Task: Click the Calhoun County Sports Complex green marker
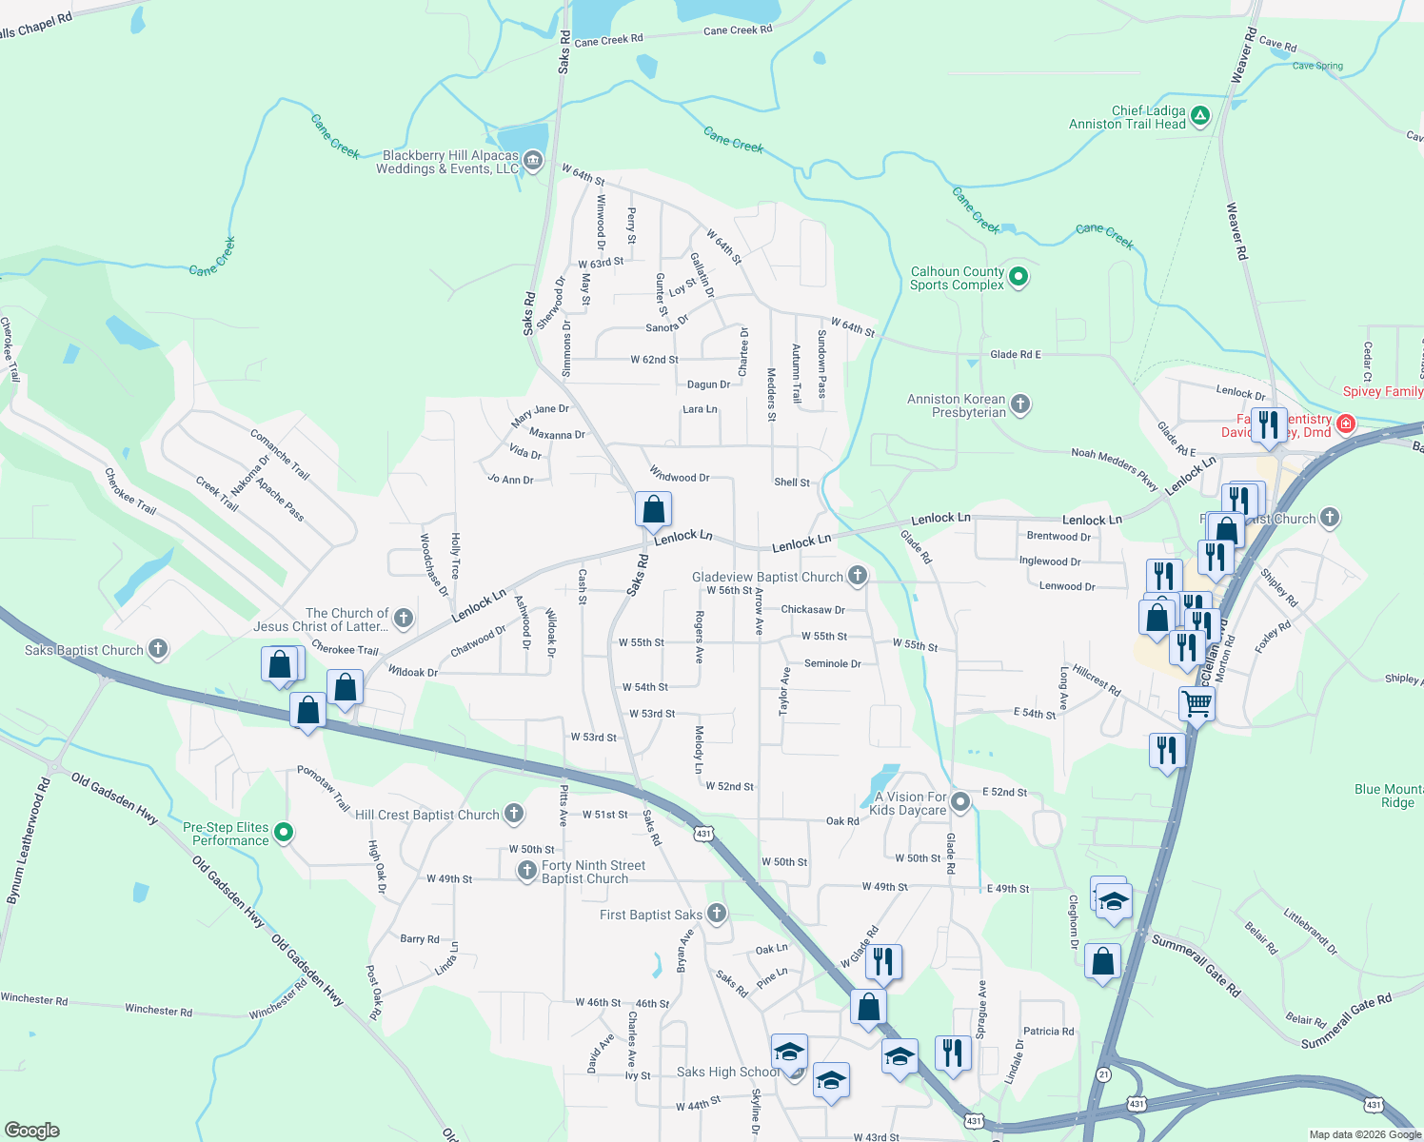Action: click(x=1019, y=278)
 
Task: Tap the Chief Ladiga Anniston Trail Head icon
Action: click(x=1200, y=117)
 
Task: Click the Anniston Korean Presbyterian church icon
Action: click(x=1020, y=404)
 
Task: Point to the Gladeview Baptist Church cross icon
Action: click(x=858, y=576)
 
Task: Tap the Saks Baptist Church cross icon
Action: click(x=158, y=649)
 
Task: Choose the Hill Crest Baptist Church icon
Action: click(x=514, y=814)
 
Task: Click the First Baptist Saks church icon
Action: click(x=717, y=914)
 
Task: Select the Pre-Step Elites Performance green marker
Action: click(x=284, y=833)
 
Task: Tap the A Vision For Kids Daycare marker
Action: click(x=961, y=802)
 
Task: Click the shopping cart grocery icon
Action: click(x=1197, y=705)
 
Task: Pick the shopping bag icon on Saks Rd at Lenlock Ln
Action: click(x=653, y=510)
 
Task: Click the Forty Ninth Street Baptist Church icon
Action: click(x=527, y=871)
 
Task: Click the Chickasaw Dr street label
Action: click(x=812, y=610)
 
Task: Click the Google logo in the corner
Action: click(x=31, y=1130)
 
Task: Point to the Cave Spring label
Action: click(x=1317, y=66)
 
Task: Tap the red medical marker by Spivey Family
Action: click(x=1346, y=423)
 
